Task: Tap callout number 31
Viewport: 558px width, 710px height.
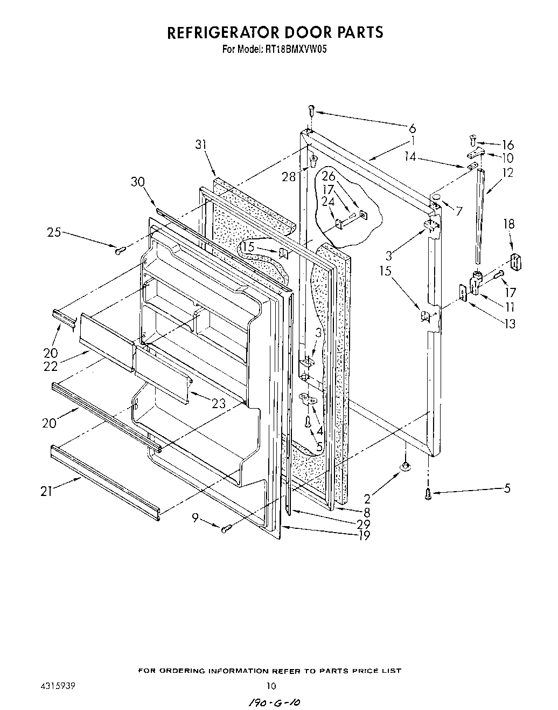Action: coord(201,144)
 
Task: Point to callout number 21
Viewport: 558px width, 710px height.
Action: coord(47,492)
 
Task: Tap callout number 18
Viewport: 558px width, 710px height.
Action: coord(509,224)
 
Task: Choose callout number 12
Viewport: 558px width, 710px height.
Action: coord(507,173)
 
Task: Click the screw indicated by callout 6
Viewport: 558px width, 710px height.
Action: coord(311,110)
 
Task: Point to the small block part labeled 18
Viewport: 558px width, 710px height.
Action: coord(517,263)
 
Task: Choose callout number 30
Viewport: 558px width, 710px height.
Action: coord(137,182)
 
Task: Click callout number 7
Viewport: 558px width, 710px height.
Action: coord(458,211)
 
